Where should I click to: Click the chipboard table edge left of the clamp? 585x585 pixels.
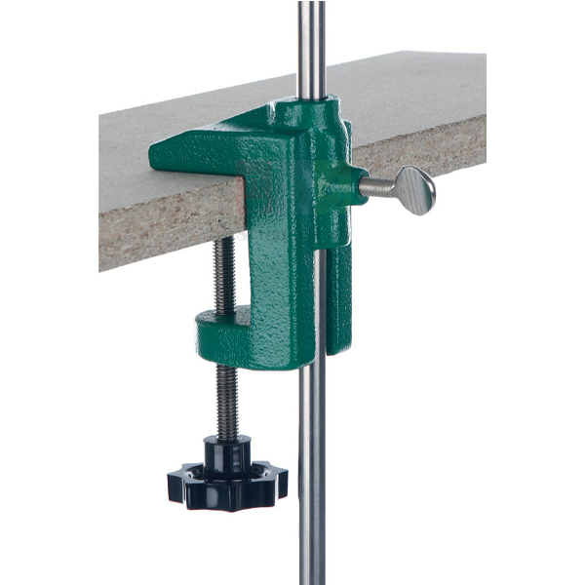coord(156,219)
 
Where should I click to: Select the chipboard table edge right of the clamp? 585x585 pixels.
coord(429,146)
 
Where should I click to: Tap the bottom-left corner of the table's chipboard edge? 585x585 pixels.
coord(101,265)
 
